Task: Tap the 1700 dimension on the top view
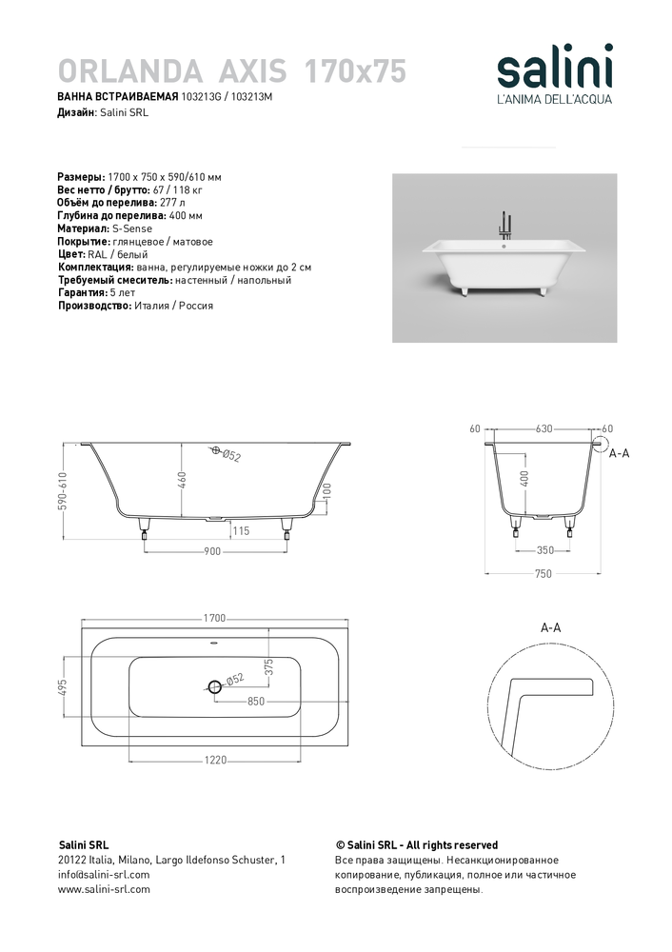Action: (x=214, y=618)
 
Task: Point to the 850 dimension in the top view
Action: (x=255, y=702)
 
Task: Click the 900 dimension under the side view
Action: (x=212, y=551)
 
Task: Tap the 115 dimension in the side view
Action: (x=240, y=531)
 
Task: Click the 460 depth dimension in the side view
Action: (x=181, y=481)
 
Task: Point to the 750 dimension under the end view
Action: (x=544, y=575)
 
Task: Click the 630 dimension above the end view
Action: (x=544, y=428)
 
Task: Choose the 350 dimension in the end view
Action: (x=544, y=550)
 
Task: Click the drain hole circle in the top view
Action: (x=214, y=686)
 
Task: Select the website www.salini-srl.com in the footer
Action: (x=104, y=889)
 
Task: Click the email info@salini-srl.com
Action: (x=104, y=874)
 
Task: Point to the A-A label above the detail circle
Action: (x=550, y=628)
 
